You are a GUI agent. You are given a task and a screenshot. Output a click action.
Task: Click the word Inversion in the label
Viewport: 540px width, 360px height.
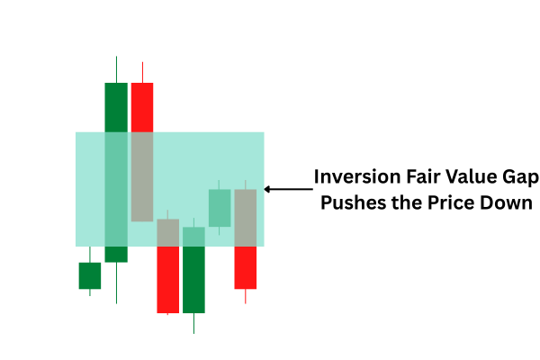point(357,176)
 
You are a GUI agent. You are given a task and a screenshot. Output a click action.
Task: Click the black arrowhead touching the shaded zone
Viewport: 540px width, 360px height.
point(266,189)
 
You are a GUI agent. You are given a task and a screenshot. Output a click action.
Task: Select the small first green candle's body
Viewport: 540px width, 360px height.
point(90,275)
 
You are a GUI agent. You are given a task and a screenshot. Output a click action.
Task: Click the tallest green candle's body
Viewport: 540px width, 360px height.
point(116,172)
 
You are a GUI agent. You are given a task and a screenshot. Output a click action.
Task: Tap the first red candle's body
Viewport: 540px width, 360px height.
point(142,152)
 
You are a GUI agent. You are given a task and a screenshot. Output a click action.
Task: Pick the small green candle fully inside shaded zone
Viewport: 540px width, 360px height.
point(220,208)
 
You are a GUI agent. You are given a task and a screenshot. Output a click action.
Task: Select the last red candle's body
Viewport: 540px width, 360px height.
point(246,239)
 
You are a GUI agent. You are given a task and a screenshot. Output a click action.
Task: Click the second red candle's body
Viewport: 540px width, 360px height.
point(168,266)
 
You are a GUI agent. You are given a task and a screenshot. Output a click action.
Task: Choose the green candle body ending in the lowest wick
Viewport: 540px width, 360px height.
point(193,270)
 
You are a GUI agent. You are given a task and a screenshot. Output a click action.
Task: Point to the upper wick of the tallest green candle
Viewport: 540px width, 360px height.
point(116,69)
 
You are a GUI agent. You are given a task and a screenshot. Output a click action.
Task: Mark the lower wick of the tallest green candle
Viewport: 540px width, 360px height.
point(116,283)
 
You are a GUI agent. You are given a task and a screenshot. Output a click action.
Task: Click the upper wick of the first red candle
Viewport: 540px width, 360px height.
point(142,72)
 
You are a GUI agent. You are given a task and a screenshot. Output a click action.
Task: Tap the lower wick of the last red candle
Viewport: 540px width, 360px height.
point(246,296)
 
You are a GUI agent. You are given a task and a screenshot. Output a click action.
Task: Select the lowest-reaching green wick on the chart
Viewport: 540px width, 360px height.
point(193,323)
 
